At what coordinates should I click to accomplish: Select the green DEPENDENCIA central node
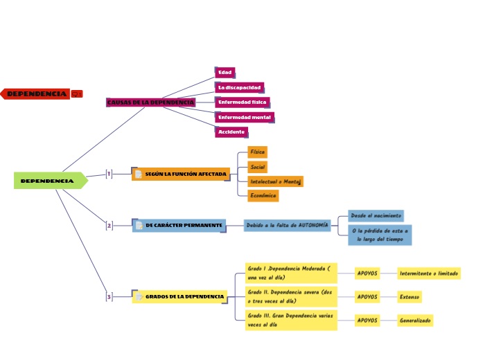48,181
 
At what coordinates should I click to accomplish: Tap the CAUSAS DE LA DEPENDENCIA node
150,102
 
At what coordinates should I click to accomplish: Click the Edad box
225,73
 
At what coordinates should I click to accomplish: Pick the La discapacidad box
239,88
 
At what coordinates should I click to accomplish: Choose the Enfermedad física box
242,102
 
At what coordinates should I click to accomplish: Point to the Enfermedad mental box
244,118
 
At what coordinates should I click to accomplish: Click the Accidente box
231,132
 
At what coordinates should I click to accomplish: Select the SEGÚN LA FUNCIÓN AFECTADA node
180,174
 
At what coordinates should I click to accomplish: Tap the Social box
257,167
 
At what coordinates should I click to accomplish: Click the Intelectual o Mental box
275,181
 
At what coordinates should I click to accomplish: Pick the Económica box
263,196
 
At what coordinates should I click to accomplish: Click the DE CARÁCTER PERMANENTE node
179,226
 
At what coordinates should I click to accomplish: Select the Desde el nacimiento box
376,216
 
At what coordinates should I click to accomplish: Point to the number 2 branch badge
109,226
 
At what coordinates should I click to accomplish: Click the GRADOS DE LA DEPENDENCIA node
179,297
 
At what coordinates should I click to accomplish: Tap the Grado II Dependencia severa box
291,297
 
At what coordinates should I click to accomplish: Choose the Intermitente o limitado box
429,273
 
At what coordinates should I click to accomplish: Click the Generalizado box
415,321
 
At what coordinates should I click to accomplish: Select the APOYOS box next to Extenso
367,297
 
